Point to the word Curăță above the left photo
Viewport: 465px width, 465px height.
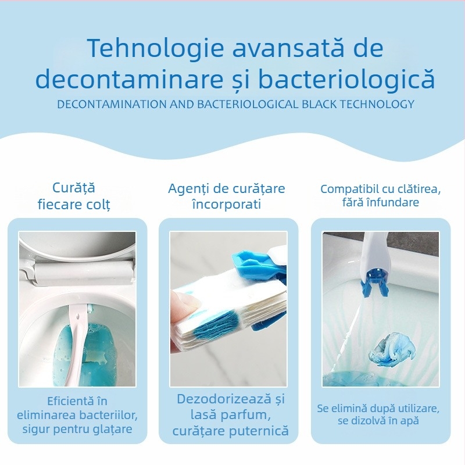(x=74, y=188)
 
